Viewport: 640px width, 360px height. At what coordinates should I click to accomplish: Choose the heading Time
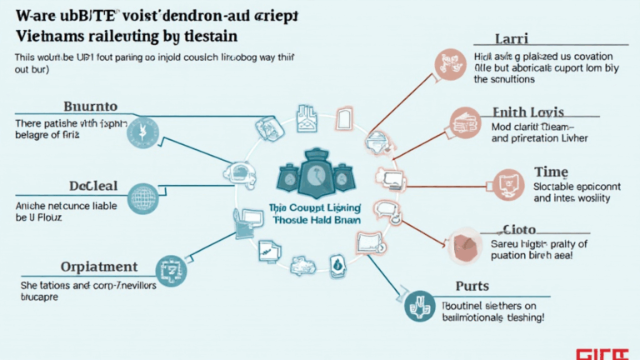(550, 171)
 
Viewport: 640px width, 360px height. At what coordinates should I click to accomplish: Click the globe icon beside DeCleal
(143, 199)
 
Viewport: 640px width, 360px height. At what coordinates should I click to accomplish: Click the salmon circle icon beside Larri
(446, 62)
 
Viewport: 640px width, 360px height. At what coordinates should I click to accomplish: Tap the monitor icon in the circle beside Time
(507, 182)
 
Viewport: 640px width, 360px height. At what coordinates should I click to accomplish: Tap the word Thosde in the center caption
(291, 220)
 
